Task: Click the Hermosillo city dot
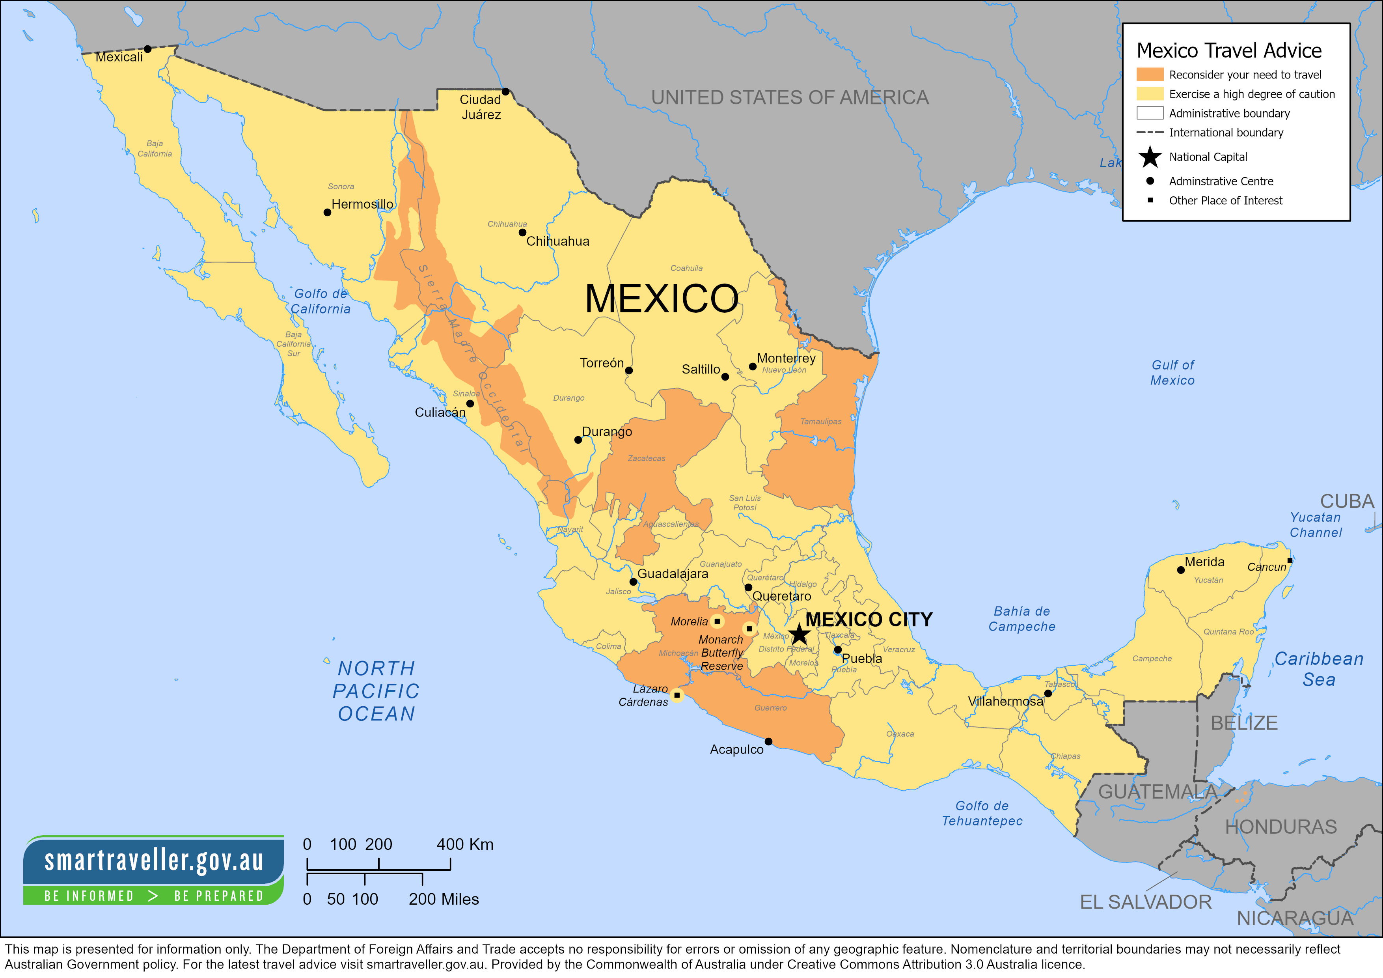click(x=327, y=212)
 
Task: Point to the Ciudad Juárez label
click(x=481, y=106)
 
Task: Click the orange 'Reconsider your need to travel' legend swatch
click(x=1149, y=74)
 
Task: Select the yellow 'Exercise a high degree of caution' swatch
click(x=1149, y=93)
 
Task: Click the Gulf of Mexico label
click(x=1172, y=372)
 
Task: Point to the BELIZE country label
click(x=1244, y=722)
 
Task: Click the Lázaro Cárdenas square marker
click(x=677, y=695)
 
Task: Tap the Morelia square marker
click(x=717, y=621)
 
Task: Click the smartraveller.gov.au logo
click(x=154, y=870)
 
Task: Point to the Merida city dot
click(x=1181, y=569)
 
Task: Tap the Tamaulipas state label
click(x=820, y=421)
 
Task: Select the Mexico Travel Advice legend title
click(x=1229, y=50)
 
